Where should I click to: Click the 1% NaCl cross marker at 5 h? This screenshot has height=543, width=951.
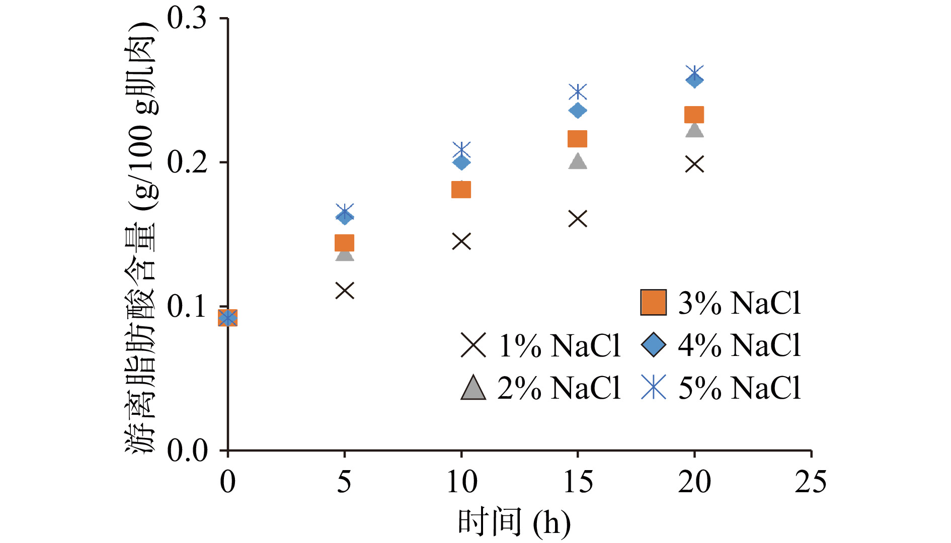point(345,291)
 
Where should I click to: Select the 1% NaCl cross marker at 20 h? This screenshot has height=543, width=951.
point(694,164)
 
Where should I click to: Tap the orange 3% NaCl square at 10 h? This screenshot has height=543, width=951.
point(461,190)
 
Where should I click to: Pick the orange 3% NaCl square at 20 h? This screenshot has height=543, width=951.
point(694,115)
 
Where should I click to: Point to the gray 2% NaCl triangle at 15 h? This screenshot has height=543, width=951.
point(578,161)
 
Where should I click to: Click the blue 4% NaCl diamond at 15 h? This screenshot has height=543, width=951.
point(578,110)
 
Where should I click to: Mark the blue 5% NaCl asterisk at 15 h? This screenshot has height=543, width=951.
point(578,92)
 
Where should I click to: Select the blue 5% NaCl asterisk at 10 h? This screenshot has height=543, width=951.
point(461,150)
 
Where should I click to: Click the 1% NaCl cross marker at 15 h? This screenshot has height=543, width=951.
point(578,219)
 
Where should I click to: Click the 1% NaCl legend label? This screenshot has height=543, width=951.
point(559,346)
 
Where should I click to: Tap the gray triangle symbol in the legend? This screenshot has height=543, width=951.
point(473,388)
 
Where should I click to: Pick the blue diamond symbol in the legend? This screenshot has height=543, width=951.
point(654,345)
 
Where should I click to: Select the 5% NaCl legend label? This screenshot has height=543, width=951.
point(739,388)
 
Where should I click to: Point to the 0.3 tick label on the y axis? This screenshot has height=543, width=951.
point(187,19)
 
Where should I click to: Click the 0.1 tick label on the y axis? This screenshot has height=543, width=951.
point(187,306)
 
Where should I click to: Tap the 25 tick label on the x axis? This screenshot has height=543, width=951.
point(810,482)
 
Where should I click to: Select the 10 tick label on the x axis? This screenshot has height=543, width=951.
point(461,482)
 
